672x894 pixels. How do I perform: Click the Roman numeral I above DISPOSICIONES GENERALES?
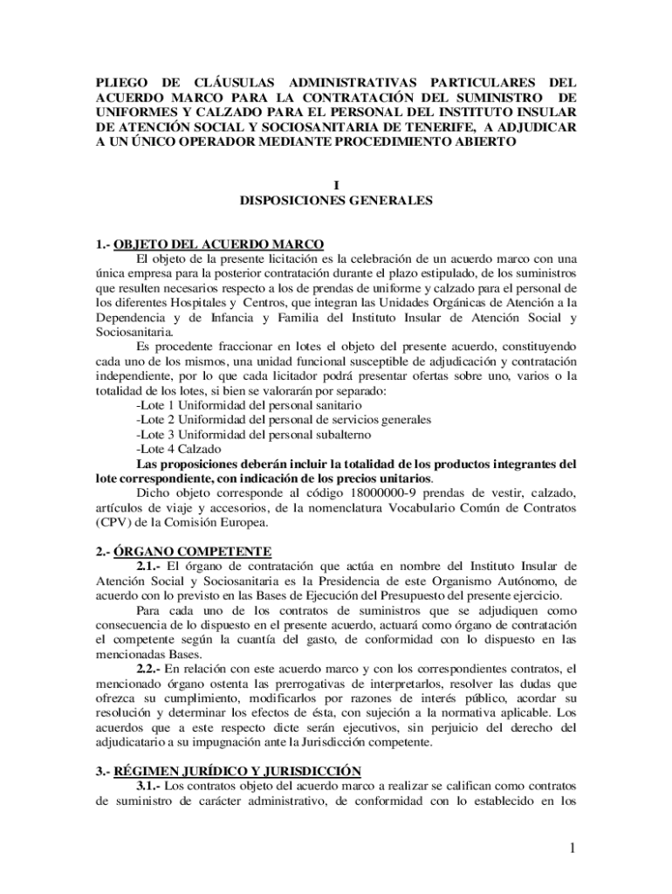tap(336, 184)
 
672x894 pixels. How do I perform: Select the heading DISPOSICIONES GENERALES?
tap(336, 200)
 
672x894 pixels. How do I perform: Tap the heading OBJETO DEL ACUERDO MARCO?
tap(219, 244)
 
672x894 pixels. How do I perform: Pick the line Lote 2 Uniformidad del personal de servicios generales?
tap(284, 420)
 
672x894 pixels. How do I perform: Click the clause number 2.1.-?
tap(149, 566)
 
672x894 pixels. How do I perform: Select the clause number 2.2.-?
tap(149, 668)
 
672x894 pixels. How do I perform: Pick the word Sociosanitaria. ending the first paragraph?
tap(134, 332)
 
